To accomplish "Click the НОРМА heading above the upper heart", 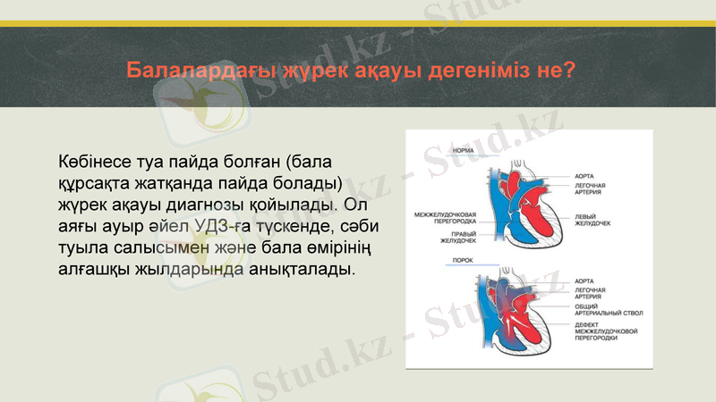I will coord(464,151).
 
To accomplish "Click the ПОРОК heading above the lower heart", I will coord(463,260).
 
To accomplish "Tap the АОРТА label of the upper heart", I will coord(584,176).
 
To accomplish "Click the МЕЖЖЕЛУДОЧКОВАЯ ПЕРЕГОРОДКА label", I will coord(445,218).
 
